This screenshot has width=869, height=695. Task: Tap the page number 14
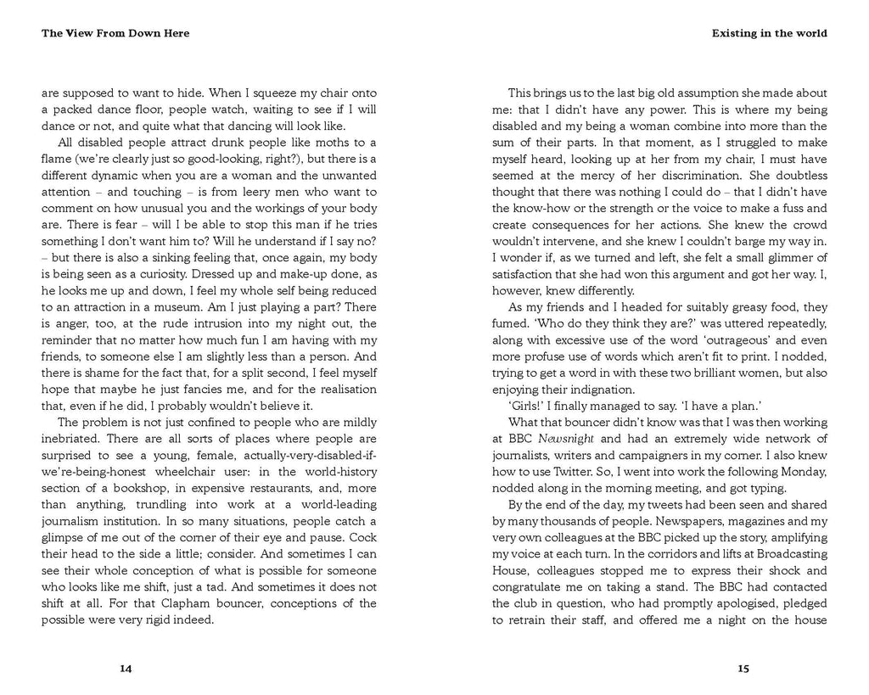click(126, 669)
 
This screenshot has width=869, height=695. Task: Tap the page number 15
click(743, 669)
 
